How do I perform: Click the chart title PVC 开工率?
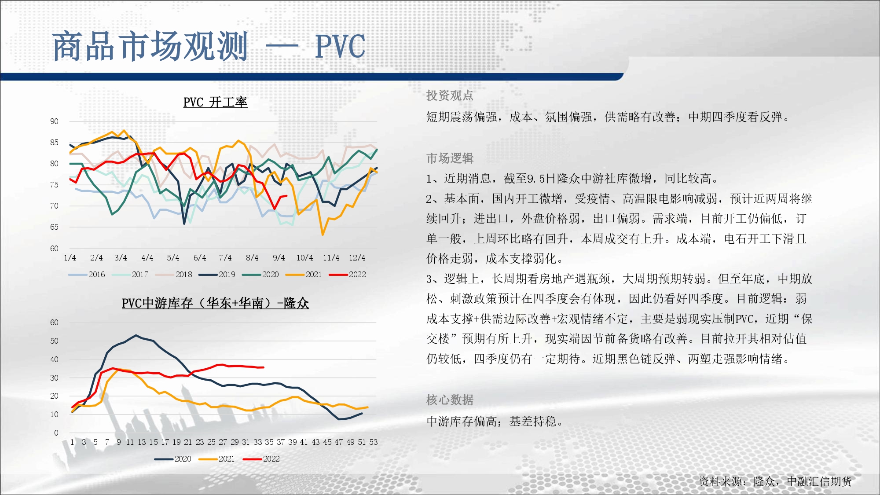pos(215,102)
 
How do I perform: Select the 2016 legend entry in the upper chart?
pos(87,275)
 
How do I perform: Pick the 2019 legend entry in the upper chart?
pos(217,275)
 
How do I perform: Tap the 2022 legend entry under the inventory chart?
pos(261,459)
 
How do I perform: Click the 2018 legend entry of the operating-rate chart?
pos(174,275)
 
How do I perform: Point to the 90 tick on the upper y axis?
pos(54,121)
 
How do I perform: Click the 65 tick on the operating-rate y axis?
pos(54,227)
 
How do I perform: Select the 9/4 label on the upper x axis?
pos(279,258)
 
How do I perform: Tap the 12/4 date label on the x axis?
pos(357,258)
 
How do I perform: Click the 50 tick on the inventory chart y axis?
pos(54,341)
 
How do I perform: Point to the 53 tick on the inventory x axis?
pos(374,442)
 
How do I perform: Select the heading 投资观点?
pos(450,95)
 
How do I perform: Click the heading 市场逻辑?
pos(450,158)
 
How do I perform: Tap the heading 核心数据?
pos(450,400)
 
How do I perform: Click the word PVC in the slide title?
pos(340,46)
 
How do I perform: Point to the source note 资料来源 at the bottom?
pos(775,481)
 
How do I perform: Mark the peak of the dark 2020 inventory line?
pos(136,335)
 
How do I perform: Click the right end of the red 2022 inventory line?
pos(264,367)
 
